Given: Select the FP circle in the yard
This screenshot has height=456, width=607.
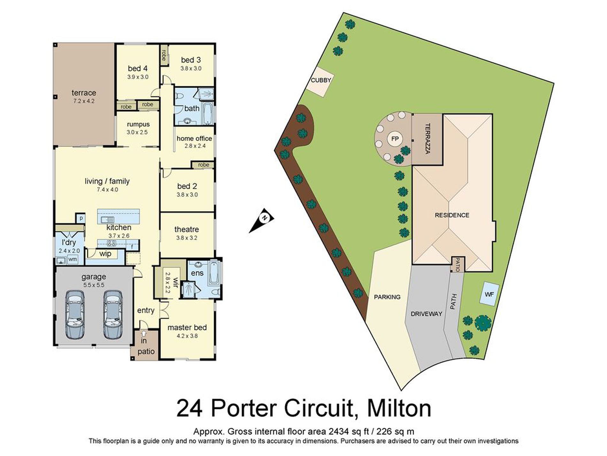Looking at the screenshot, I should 395,139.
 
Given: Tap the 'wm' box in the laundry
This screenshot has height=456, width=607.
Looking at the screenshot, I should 73,259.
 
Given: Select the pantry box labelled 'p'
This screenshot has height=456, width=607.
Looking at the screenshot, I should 81,218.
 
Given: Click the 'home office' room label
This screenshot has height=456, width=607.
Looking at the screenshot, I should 194,138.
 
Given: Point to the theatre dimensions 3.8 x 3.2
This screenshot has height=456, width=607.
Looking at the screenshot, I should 187,238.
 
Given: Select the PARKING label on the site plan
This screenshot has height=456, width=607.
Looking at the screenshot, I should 387,297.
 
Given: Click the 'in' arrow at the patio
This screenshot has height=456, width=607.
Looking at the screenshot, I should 144,334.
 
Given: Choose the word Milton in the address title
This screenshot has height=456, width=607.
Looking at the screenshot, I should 399,408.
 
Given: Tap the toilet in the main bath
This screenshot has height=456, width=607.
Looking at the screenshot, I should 179,96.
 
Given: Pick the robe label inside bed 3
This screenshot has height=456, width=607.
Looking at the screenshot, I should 164,55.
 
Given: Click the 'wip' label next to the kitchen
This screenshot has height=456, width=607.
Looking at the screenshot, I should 105,254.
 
